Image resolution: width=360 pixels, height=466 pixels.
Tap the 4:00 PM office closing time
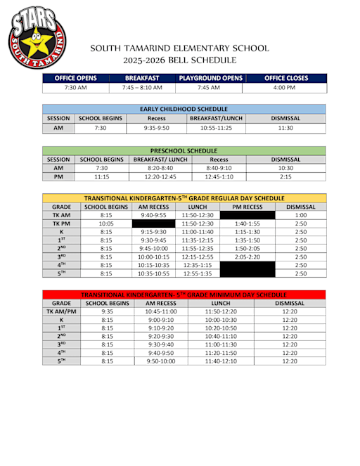(x=284, y=88)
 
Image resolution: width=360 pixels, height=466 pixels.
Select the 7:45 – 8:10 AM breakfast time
(x=142, y=88)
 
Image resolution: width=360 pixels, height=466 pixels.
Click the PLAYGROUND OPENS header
(x=209, y=77)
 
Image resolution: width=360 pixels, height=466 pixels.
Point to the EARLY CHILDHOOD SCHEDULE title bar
(x=184, y=109)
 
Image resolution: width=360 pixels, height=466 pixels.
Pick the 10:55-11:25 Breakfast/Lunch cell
(x=217, y=129)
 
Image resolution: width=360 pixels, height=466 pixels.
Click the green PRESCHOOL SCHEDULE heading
(x=184, y=150)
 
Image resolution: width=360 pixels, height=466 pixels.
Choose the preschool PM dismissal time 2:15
(x=285, y=178)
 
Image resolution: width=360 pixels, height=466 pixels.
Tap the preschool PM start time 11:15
(x=101, y=178)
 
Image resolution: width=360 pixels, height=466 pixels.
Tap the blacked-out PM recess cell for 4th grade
(x=247, y=265)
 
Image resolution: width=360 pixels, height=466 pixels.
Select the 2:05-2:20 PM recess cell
(x=247, y=257)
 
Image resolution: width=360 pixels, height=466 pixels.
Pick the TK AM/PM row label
(x=62, y=311)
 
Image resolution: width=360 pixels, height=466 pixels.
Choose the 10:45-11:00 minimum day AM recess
(x=160, y=311)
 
